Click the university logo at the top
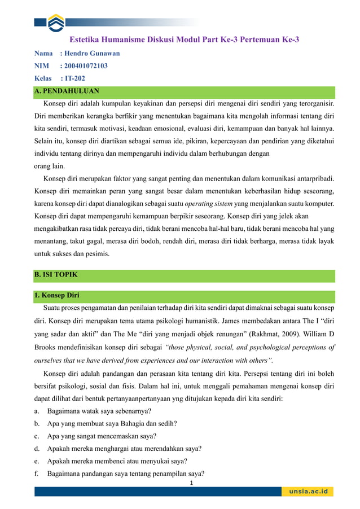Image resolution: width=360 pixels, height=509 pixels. point(56,23)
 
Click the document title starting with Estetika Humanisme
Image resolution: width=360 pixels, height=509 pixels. point(184,40)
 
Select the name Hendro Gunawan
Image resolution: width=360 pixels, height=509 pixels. point(93,54)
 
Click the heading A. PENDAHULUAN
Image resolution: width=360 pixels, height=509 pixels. point(67,91)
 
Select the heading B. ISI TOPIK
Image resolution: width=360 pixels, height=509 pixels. point(56,275)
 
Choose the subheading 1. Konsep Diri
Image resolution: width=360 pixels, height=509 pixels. point(57,295)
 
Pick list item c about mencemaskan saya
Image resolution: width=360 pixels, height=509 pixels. point(102,436)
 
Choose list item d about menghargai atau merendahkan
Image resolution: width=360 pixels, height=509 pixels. point(124,449)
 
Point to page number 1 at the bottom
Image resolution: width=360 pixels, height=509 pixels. point(191,484)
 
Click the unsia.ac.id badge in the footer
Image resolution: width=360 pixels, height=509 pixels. point(308,492)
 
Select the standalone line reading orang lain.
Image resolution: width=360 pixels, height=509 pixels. point(49,166)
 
